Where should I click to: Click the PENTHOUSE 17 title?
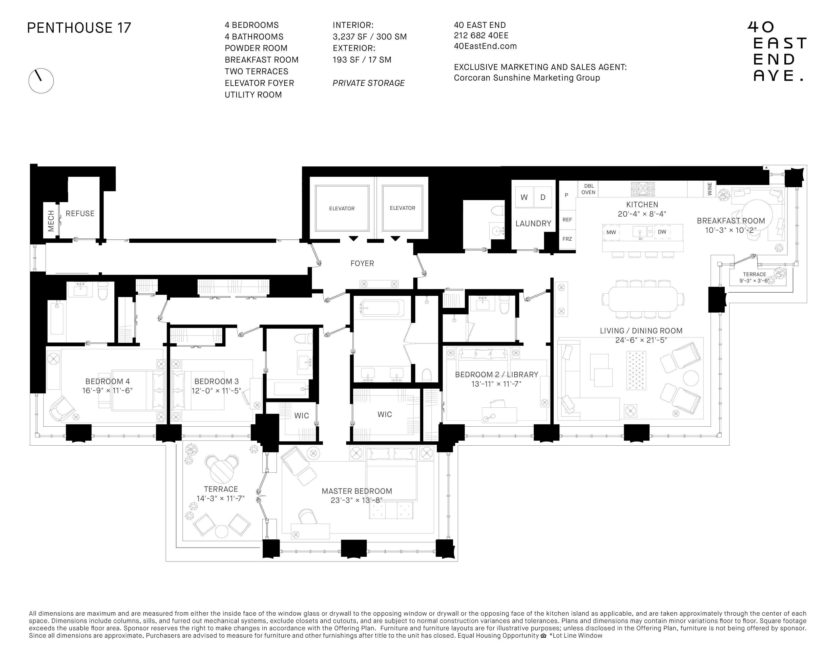[79, 28]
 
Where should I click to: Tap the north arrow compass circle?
[41, 81]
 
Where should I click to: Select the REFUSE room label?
[80, 214]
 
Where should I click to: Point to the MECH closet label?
[51, 221]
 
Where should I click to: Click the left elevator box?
[342, 208]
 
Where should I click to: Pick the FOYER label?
[362, 263]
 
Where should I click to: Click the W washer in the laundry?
[524, 198]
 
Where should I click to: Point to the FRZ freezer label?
[567, 239]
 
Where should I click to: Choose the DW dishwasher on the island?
[662, 232]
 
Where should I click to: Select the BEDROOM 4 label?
[108, 381]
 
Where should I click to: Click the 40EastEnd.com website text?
[485, 46]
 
